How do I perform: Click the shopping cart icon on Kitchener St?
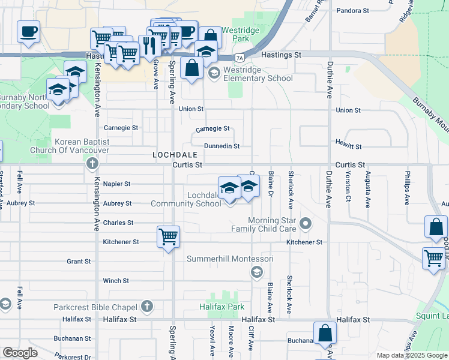[x=168, y=236]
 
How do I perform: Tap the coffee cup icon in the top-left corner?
[x=28, y=31]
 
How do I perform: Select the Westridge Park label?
[x=235, y=34]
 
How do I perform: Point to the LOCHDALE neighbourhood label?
[x=175, y=155]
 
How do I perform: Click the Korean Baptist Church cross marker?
[x=91, y=163]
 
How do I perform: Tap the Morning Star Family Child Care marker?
[x=306, y=224]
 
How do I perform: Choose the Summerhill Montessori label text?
[x=230, y=259]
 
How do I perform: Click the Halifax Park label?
[x=222, y=307]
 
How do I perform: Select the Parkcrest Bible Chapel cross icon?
[x=148, y=307]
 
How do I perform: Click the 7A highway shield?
[x=240, y=58]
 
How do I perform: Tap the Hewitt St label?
[x=350, y=146]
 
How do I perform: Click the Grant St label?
[x=79, y=262]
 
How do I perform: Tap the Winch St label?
[x=116, y=281]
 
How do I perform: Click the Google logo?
[x=20, y=353]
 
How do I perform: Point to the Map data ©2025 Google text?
[x=411, y=355]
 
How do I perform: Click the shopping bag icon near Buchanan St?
[x=325, y=334]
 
